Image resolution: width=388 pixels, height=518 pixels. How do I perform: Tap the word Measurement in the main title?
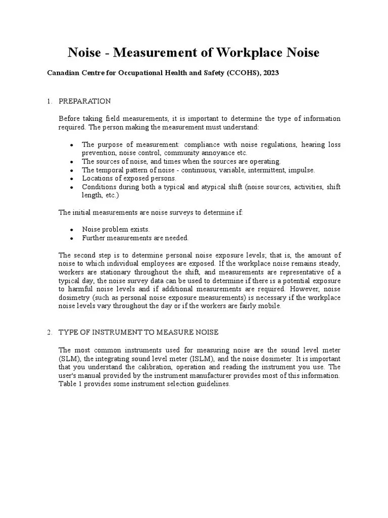[155, 53]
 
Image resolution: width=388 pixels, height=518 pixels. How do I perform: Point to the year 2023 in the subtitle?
[269, 73]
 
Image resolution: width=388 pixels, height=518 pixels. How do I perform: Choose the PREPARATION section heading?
[85, 101]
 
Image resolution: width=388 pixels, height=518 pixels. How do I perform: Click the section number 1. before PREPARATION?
[50, 101]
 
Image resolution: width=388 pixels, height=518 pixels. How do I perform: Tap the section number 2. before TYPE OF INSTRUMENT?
[50, 332]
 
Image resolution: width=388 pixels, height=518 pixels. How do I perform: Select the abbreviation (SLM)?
[69, 359]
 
